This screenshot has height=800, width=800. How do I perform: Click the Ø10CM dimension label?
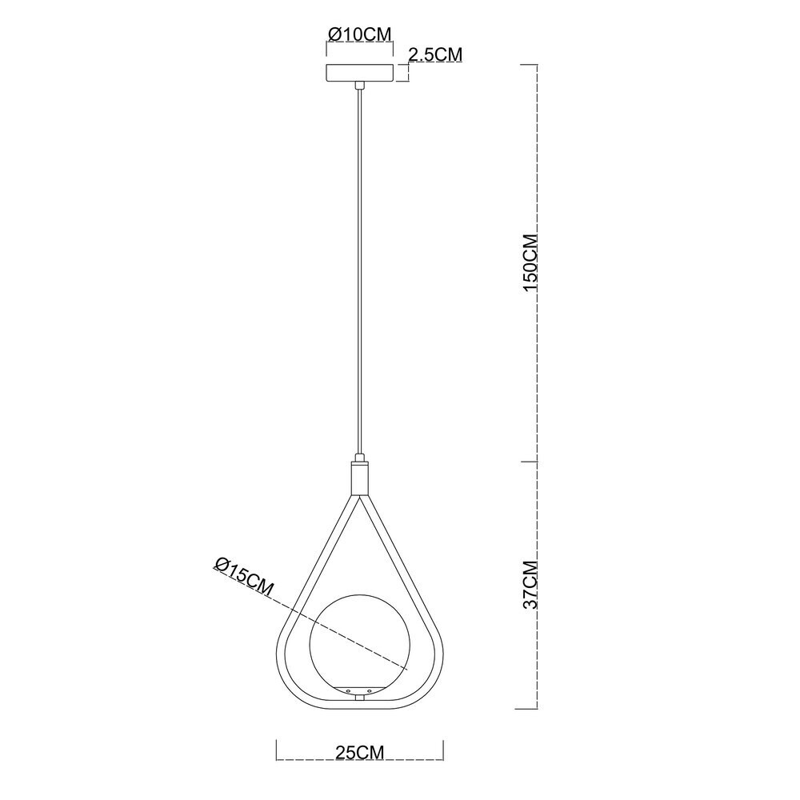point(360,34)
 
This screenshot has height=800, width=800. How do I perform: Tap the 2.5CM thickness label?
point(435,54)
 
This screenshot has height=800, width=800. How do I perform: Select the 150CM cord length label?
point(530,262)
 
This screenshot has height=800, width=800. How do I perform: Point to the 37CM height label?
point(530,585)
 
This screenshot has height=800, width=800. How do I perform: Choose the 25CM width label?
point(360,753)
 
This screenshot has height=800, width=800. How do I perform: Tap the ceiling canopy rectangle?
point(360,73)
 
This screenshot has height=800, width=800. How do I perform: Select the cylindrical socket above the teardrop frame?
point(360,479)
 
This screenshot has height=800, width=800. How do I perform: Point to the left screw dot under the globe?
point(349,691)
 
